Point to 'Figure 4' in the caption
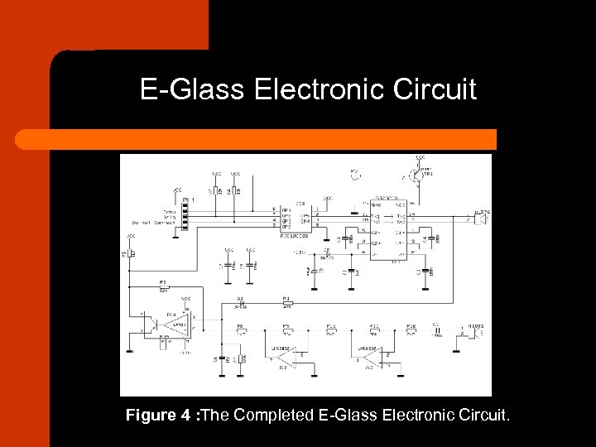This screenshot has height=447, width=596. [x=157, y=415]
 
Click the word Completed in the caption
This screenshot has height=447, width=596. [x=273, y=415]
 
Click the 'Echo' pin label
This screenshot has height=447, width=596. [x=169, y=212]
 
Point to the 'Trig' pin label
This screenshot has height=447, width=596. [x=169, y=218]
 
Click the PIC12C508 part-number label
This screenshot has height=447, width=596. [x=296, y=235]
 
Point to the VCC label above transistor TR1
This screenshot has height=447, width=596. [x=421, y=157]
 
